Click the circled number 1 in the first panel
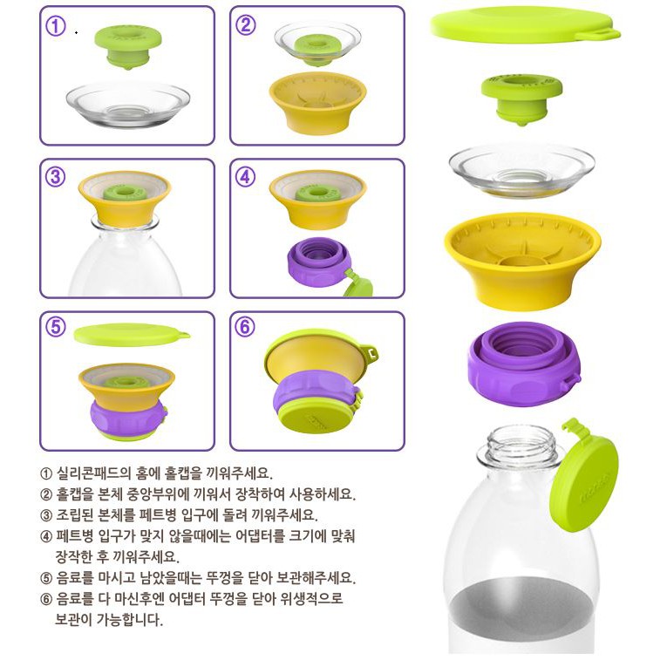(x=55, y=25)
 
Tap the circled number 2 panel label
(x=245, y=24)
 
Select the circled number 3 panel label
(x=55, y=176)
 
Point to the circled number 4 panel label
(x=245, y=176)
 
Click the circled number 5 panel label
(x=56, y=327)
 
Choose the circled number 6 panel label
(x=245, y=327)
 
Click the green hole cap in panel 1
(x=128, y=46)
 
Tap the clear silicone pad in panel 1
(x=128, y=104)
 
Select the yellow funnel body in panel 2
(x=317, y=103)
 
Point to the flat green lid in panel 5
(x=132, y=335)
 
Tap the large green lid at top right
(x=526, y=26)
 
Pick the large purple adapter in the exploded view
(x=525, y=364)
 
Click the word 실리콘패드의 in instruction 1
(x=94, y=473)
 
